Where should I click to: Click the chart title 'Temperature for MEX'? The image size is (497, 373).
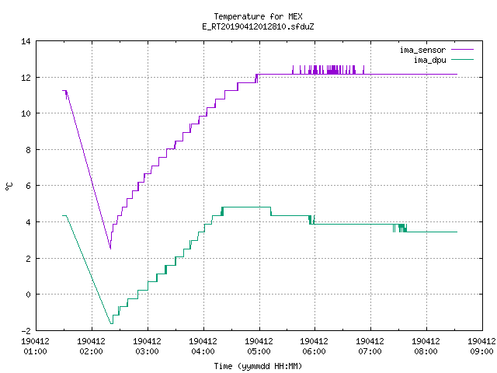(x=258, y=16)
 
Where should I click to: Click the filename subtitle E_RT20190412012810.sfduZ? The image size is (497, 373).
(x=258, y=26)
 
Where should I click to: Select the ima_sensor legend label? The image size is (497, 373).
(x=422, y=50)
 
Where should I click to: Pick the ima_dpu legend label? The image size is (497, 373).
(x=429, y=60)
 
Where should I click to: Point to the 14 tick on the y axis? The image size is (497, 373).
(x=26, y=41)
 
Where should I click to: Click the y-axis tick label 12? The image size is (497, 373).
(x=26, y=78)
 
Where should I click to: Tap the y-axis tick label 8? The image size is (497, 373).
(x=28, y=150)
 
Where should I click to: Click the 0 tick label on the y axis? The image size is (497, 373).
(x=28, y=295)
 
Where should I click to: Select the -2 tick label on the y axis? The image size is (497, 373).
(x=26, y=330)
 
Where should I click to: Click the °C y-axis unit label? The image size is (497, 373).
(x=9, y=186)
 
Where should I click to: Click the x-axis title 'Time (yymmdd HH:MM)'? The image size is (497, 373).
(x=258, y=366)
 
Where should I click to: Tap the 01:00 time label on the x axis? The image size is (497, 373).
(x=36, y=351)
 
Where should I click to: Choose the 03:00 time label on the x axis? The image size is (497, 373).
(x=147, y=351)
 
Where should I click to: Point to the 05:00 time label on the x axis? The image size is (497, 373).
(x=259, y=351)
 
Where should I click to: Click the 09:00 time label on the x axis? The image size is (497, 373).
(x=481, y=351)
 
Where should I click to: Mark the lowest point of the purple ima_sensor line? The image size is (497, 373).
(x=110, y=249)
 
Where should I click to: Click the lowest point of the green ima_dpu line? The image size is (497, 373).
(x=112, y=323)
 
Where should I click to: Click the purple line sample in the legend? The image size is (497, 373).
(x=462, y=50)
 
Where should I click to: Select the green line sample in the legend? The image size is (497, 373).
(x=462, y=60)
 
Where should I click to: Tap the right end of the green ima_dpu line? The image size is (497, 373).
(x=457, y=232)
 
